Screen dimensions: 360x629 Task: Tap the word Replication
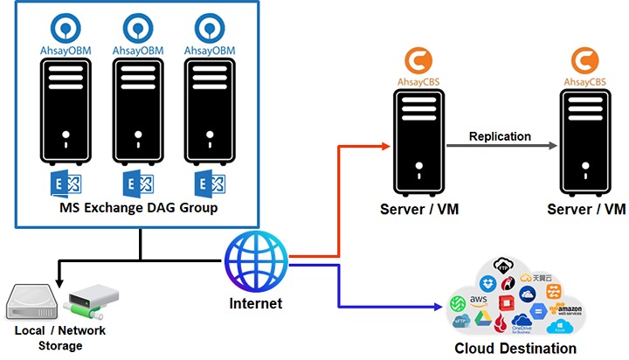(500, 135)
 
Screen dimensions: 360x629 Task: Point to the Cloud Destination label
(516, 349)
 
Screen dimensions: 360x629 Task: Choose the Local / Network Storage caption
(60, 336)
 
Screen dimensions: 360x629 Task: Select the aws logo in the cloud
(479, 300)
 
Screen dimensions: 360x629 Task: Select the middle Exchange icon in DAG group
(138, 184)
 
